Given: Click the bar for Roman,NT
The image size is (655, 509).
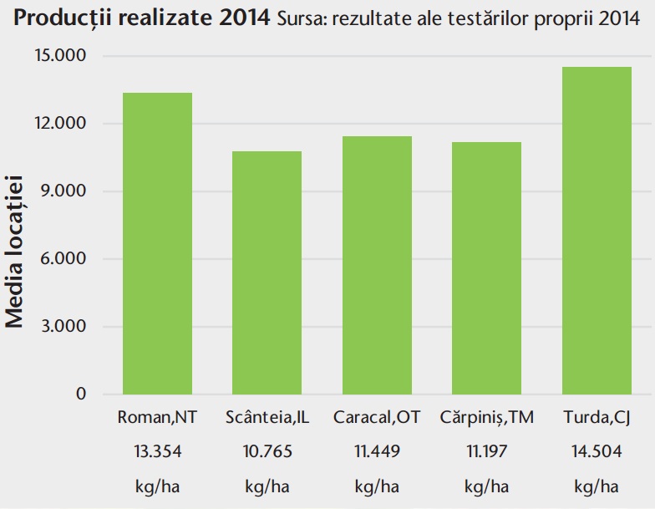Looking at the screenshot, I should point(157,243).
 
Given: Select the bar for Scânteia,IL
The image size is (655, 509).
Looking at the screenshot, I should point(267,272).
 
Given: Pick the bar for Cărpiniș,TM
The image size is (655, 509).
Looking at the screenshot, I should point(486,267).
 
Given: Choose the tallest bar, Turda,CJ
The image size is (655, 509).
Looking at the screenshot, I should point(597,231).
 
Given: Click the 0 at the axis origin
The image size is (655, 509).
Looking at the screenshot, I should point(82,394).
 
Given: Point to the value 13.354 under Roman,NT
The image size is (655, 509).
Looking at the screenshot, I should point(157,452).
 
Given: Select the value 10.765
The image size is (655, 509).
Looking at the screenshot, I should point(267,452).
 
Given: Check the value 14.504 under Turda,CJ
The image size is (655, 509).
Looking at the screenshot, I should point(597,452).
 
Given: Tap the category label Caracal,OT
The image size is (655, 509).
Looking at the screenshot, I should point(377,418).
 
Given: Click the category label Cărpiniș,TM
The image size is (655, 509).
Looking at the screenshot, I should point(486,418).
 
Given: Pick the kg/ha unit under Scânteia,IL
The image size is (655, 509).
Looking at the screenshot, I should point(267,486).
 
